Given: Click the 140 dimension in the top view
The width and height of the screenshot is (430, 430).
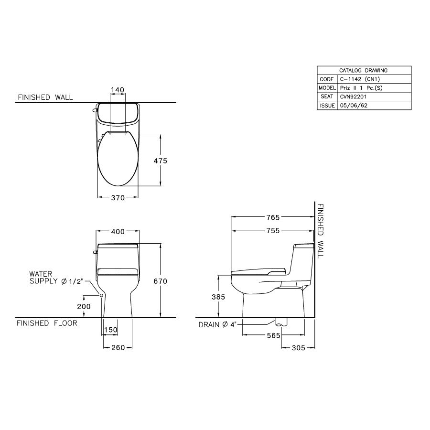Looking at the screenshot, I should pos(118,90).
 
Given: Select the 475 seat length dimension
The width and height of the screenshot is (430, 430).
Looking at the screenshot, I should pos(160,161).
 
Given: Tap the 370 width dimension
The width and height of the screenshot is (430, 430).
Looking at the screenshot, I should pos(118,198).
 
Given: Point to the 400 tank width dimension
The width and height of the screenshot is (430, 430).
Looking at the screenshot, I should pos(118,232).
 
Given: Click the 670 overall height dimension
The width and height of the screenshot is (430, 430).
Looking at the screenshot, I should pos(160,281).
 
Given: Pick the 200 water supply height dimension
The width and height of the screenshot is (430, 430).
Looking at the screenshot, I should pos(84,306).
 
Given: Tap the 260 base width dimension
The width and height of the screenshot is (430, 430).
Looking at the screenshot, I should pos(118,347).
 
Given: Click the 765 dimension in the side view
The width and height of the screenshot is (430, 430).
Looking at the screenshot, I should pos(272,217).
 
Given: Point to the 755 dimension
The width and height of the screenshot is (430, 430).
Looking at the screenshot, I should pos(272,232).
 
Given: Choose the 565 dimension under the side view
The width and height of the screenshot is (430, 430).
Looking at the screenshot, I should pos(274,336).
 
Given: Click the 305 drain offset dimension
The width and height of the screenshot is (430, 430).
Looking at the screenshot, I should pos(298,348).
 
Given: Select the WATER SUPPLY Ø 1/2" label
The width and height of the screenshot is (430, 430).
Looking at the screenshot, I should pos(56,278).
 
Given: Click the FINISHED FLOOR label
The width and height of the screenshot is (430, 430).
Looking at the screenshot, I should pos(47,323).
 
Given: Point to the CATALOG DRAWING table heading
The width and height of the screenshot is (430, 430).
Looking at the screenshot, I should pos(363,70).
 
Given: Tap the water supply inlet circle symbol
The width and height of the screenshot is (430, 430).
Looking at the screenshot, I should pos(102,295).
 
